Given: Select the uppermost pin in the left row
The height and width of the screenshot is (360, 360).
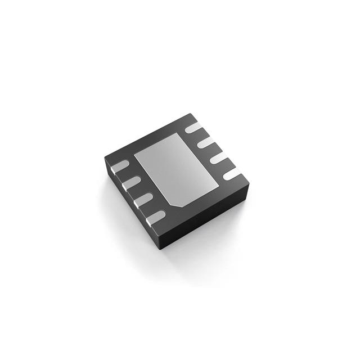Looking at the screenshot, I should [x=122, y=165].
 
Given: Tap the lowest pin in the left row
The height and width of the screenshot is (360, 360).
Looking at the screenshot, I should [x=156, y=215].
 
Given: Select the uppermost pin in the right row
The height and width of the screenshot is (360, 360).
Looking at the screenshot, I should [x=193, y=127].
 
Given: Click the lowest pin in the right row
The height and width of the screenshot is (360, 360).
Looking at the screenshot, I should [x=232, y=175].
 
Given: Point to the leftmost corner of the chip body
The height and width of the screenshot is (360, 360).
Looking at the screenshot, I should [x=105, y=158].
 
